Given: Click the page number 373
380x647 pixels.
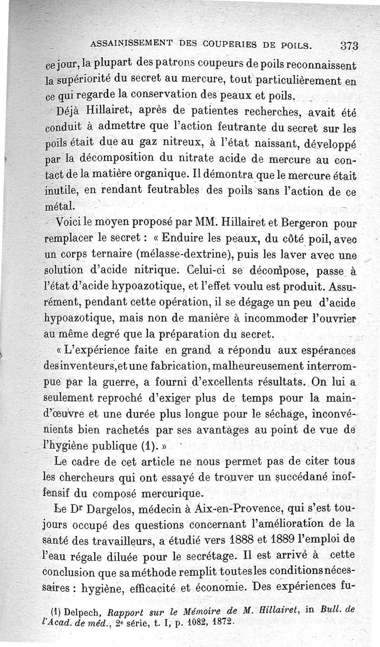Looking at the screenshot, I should point(349,47).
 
